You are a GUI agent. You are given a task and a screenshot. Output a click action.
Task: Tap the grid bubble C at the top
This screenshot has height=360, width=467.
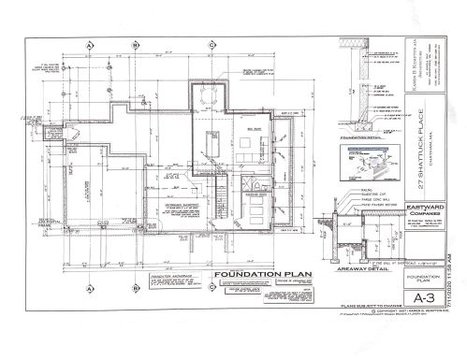[214, 44]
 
